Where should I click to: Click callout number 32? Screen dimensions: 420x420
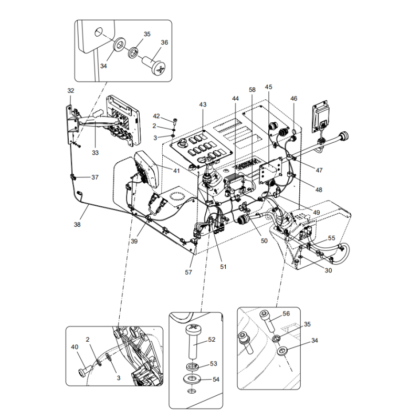(x=71, y=91)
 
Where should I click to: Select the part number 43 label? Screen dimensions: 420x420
(x=203, y=105)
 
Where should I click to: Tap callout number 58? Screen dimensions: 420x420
(x=252, y=90)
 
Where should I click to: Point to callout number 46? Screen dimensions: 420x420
(x=293, y=98)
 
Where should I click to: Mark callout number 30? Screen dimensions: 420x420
(x=328, y=271)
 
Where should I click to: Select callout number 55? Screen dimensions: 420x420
(x=331, y=238)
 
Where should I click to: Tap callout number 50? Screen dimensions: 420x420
(x=264, y=240)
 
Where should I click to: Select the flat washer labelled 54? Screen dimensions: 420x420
(x=192, y=379)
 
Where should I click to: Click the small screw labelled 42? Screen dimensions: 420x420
(x=174, y=121)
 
